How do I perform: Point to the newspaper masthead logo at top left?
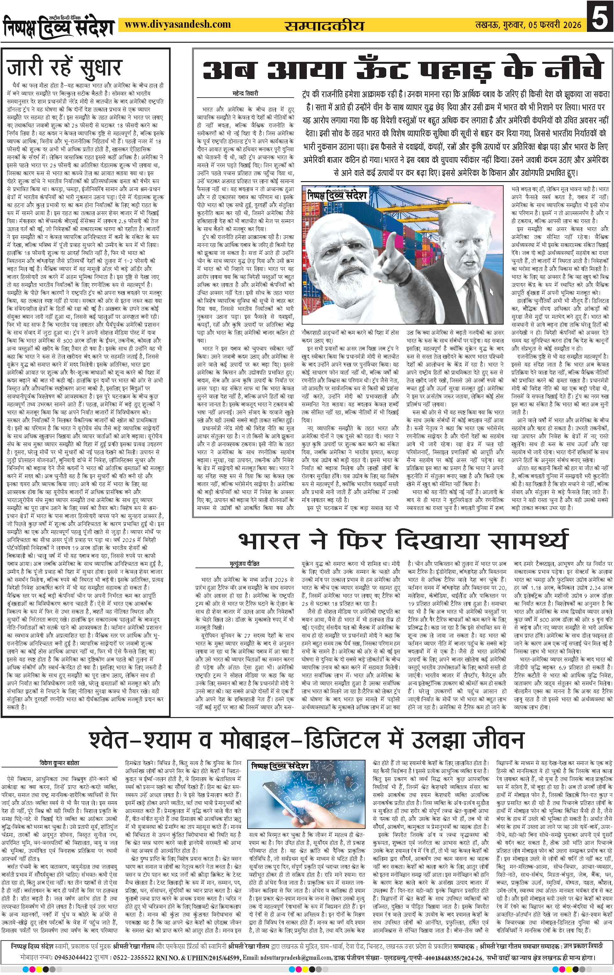(x=59, y=25)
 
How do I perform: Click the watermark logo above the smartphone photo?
(x=280, y=766)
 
